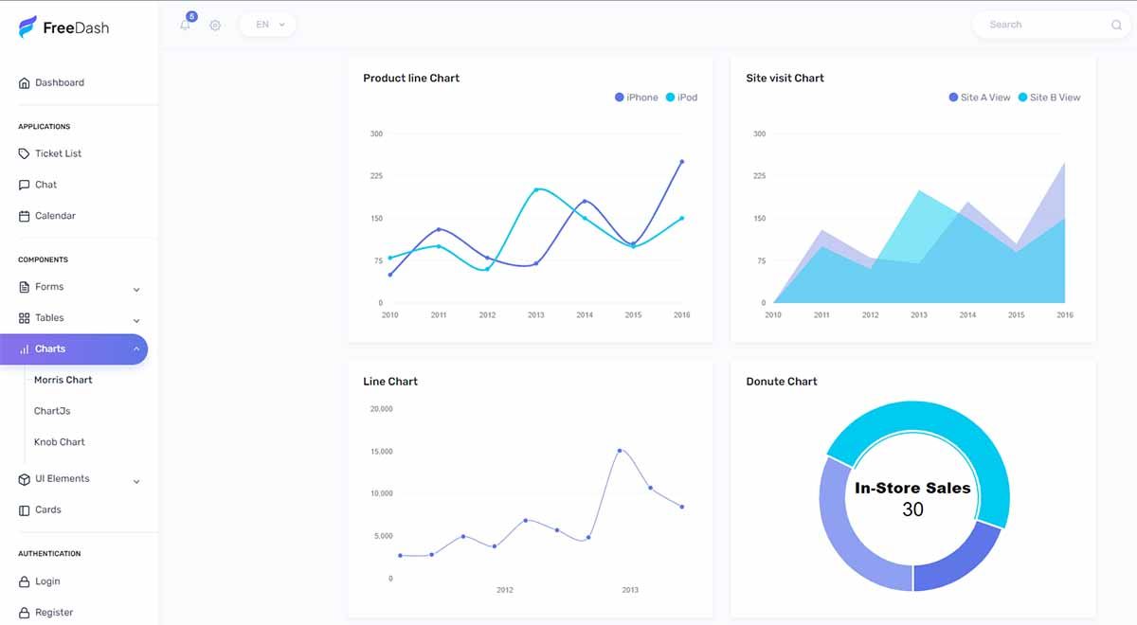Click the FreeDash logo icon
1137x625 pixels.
click(x=27, y=27)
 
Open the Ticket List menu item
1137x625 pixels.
click(x=58, y=153)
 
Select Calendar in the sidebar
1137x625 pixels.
click(x=55, y=216)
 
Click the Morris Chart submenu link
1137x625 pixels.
click(x=63, y=380)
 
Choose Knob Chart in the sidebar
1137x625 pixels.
click(x=60, y=442)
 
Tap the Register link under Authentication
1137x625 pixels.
click(x=54, y=613)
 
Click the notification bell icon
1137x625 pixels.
click(x=185, y=26)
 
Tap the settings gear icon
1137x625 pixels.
click(x=215, y=26)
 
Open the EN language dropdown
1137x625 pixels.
click(x=268, y=25)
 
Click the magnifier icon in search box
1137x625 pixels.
click(x=1116, y=26)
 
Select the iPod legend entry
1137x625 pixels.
click(x=681, y=98)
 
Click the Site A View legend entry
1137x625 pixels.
click(x=980, y=98)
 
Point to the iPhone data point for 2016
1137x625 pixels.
click(x=681, y=162)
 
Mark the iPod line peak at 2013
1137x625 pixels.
click(x=536, y=189)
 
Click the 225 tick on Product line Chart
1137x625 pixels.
click(x=376, y=176)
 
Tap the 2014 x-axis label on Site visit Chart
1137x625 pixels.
click(x=967, y=315)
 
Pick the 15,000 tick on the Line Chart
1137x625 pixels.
click(x=381, y=452)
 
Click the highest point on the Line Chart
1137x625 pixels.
click(x=620, y=451)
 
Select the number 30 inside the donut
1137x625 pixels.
click(x=912, y=509)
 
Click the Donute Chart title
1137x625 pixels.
click(x=781, y=382)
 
